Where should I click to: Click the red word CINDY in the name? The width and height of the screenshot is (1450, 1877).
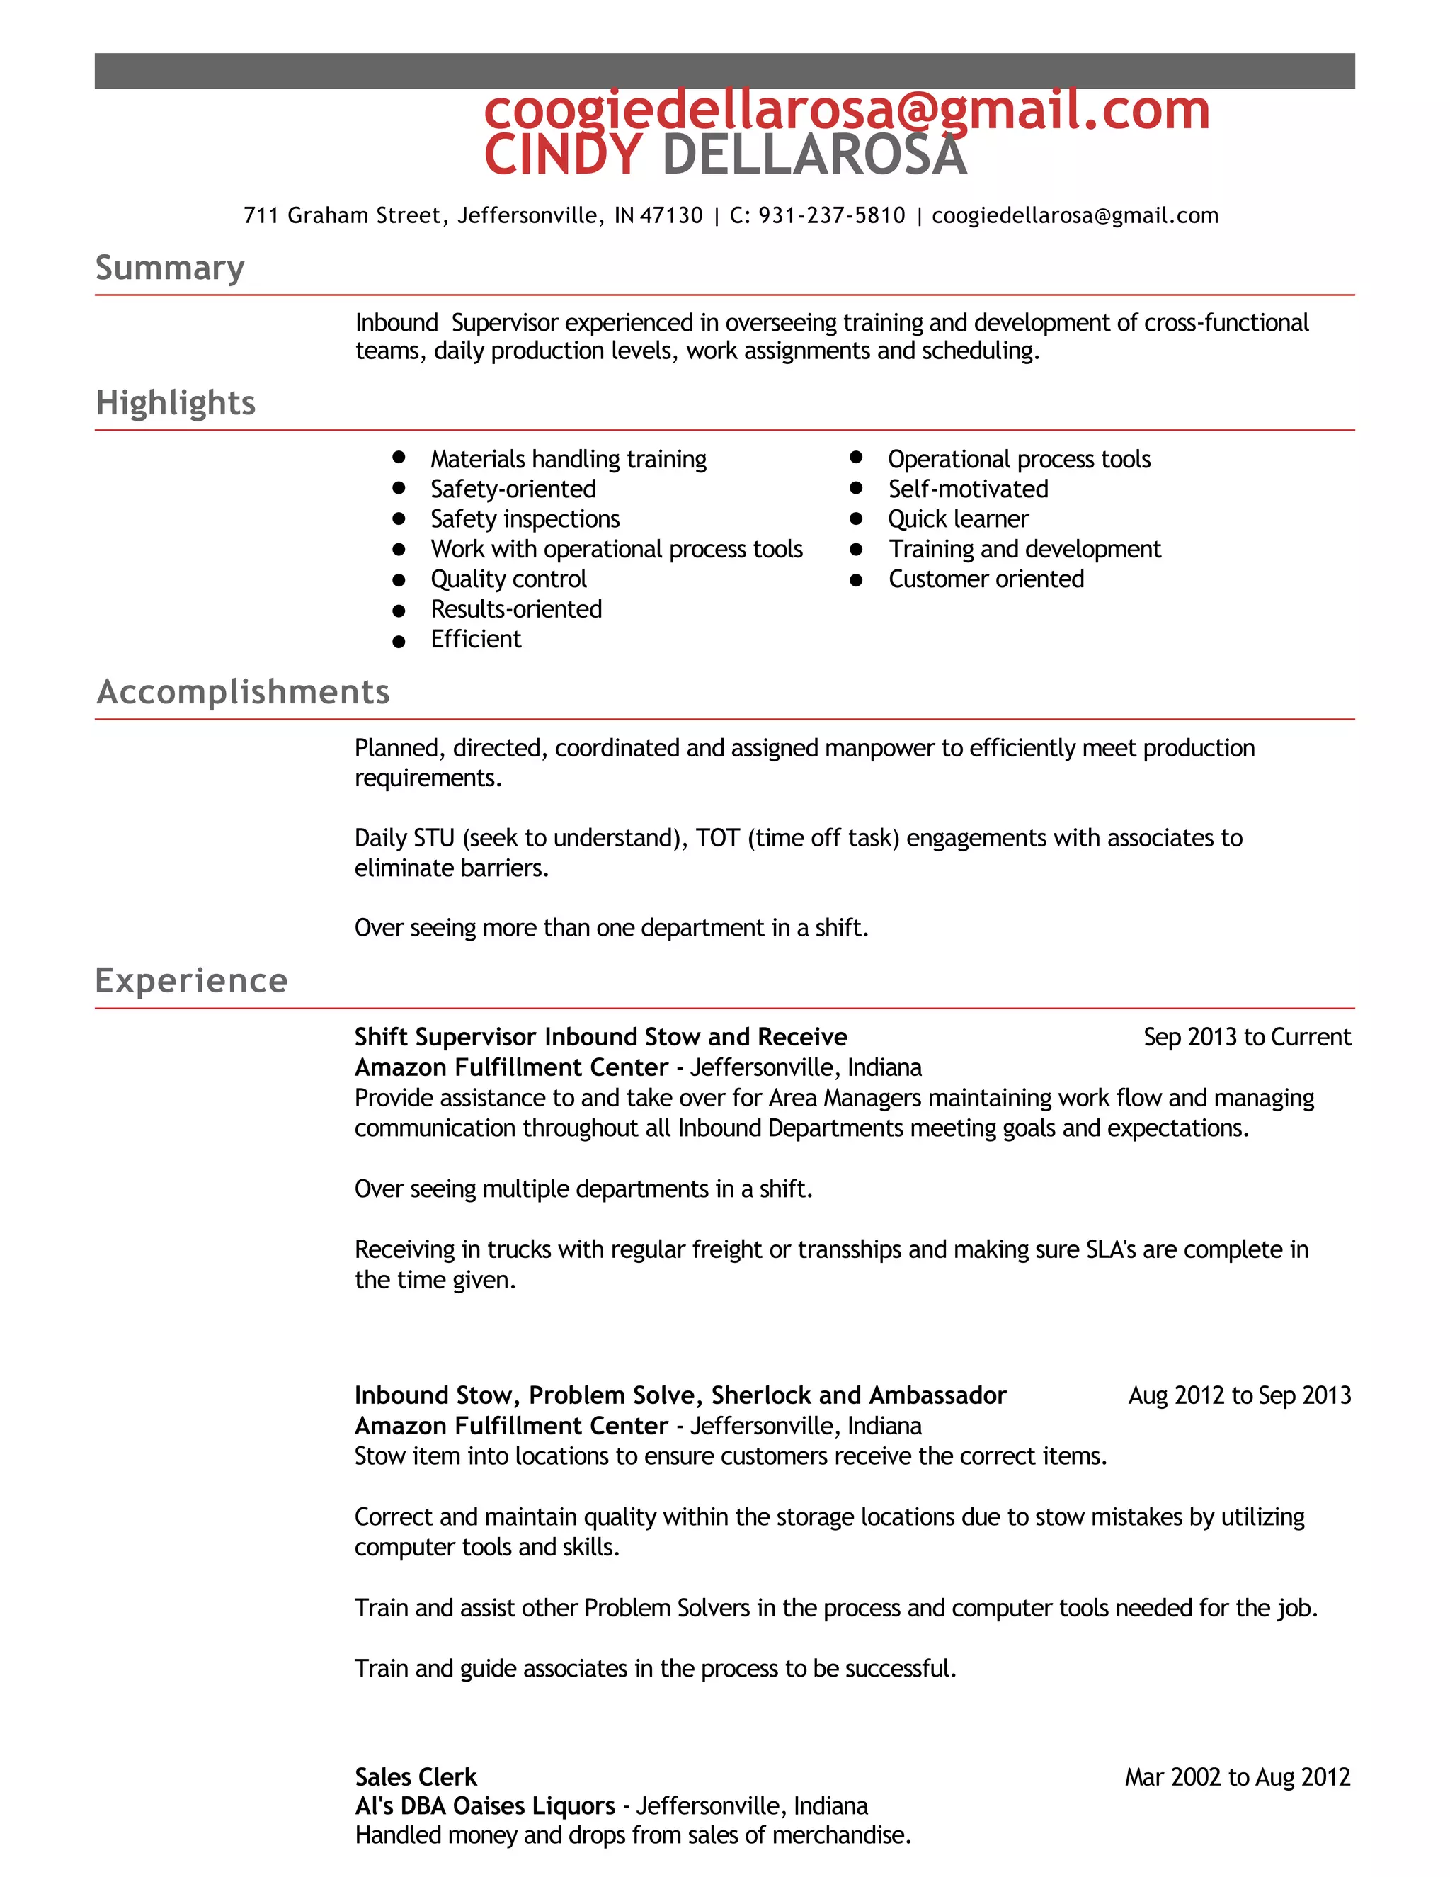click(x=563, y=156)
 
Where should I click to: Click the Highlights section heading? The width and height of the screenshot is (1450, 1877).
click(x=176, y=402)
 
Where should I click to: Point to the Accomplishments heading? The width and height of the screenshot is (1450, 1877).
click(x=243, y=692)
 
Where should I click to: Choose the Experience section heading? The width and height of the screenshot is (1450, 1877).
click(x=190, y=980)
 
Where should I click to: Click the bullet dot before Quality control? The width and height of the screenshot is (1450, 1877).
click(x=399, y=580)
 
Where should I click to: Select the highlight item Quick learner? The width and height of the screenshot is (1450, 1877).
click(x=958, y=519)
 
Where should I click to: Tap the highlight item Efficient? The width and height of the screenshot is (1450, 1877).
click(x=476, y=640)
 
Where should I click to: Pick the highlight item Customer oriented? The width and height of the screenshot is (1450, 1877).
click(x=986, y=579)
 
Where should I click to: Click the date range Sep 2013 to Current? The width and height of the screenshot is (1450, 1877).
click(x=1246, y=1038)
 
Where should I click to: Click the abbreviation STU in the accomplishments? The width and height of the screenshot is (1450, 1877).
click(x=434, y=838)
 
